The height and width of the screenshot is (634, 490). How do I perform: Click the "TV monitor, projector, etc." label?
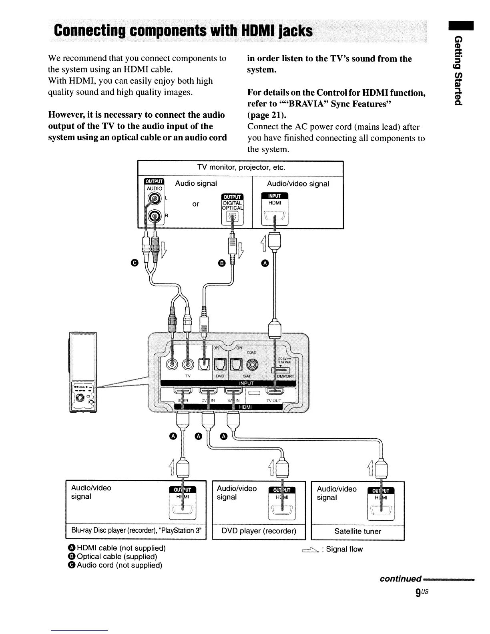[x=241, y=167]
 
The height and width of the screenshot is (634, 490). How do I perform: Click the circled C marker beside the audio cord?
[x=134, y=263]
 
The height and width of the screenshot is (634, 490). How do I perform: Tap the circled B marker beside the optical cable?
[x=221, y=263]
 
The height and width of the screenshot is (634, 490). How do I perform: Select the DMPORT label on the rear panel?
[x=285, y=377]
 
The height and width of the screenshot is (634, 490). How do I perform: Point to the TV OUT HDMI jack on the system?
[x=275, y=391]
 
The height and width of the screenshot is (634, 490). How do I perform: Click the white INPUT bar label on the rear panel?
[x=246, y=383]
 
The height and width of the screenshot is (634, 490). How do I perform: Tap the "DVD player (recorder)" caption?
[x=259, y=531]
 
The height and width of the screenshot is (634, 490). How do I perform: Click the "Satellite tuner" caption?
[x=358, y=532]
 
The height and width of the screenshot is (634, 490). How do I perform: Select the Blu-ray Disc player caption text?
[x=136, y=531]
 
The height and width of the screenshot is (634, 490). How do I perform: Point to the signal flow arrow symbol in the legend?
[x=311, y=550]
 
